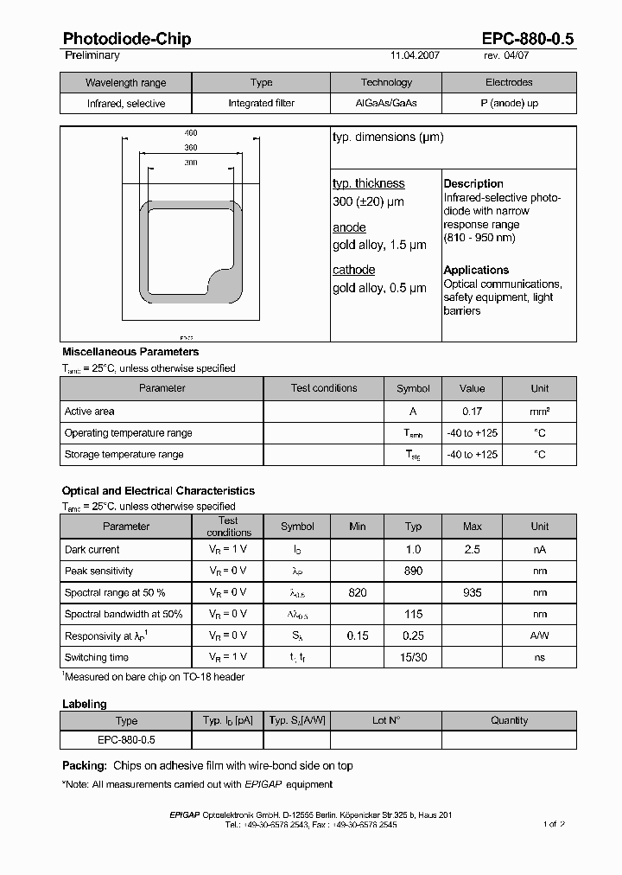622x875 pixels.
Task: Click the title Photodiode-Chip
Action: coord(127,39)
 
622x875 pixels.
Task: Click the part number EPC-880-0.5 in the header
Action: coord(527,39)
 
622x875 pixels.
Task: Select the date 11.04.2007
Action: coord(416,55)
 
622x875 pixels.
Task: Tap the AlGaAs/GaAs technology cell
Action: coord(386,104)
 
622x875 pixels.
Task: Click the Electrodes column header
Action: coord(509,83)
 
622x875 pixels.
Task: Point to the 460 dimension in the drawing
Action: coord(191,133)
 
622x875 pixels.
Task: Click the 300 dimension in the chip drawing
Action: coord(191,163)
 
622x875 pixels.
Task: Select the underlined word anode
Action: coord(349,227)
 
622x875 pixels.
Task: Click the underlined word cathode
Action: coord(353,270)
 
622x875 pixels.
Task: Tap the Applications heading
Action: coord(476,270)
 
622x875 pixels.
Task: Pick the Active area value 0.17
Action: coord(472,412)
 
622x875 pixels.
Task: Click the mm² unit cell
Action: coord(540,412)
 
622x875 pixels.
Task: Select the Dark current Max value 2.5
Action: coord(472,550)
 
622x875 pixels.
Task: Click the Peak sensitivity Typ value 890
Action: coord(413,571)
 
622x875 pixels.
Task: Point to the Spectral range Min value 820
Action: coord(357,592)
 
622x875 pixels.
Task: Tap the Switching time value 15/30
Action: coord(413,657)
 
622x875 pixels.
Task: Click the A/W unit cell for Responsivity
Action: coord(540,635)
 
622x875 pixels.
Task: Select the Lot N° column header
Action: coord(386,720)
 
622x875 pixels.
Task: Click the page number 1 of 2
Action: coord(555,824)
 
